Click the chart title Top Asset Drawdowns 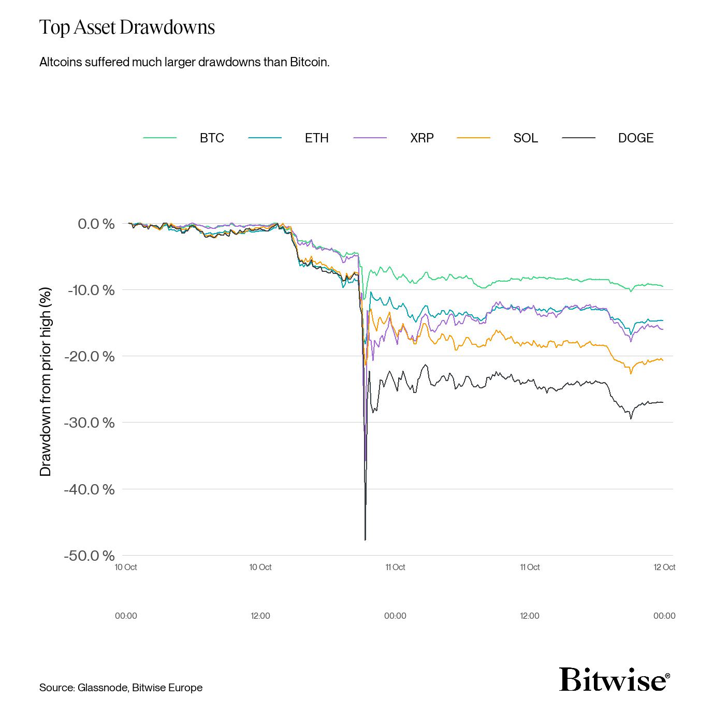coord(127,27)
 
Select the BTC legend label coord(212,138)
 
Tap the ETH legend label coord(316,138)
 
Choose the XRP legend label coord(421,138)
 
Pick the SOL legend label coord(526,138)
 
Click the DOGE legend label coord(635,138)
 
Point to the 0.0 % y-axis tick coord(96,224)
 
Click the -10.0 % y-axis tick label coord(91,290)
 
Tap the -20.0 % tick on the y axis coord(89,356)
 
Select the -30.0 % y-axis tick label coord(89,423)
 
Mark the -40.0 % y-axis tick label coord(89,489)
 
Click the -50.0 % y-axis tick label coord(89,556)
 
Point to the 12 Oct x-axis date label coord(664,567)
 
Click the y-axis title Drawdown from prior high coord(46,382)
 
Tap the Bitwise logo coord(614,679)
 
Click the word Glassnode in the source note coord(102,688)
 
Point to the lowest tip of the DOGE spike coord(365,540)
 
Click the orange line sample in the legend coord(473,138)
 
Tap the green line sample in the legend coord(159,138)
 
